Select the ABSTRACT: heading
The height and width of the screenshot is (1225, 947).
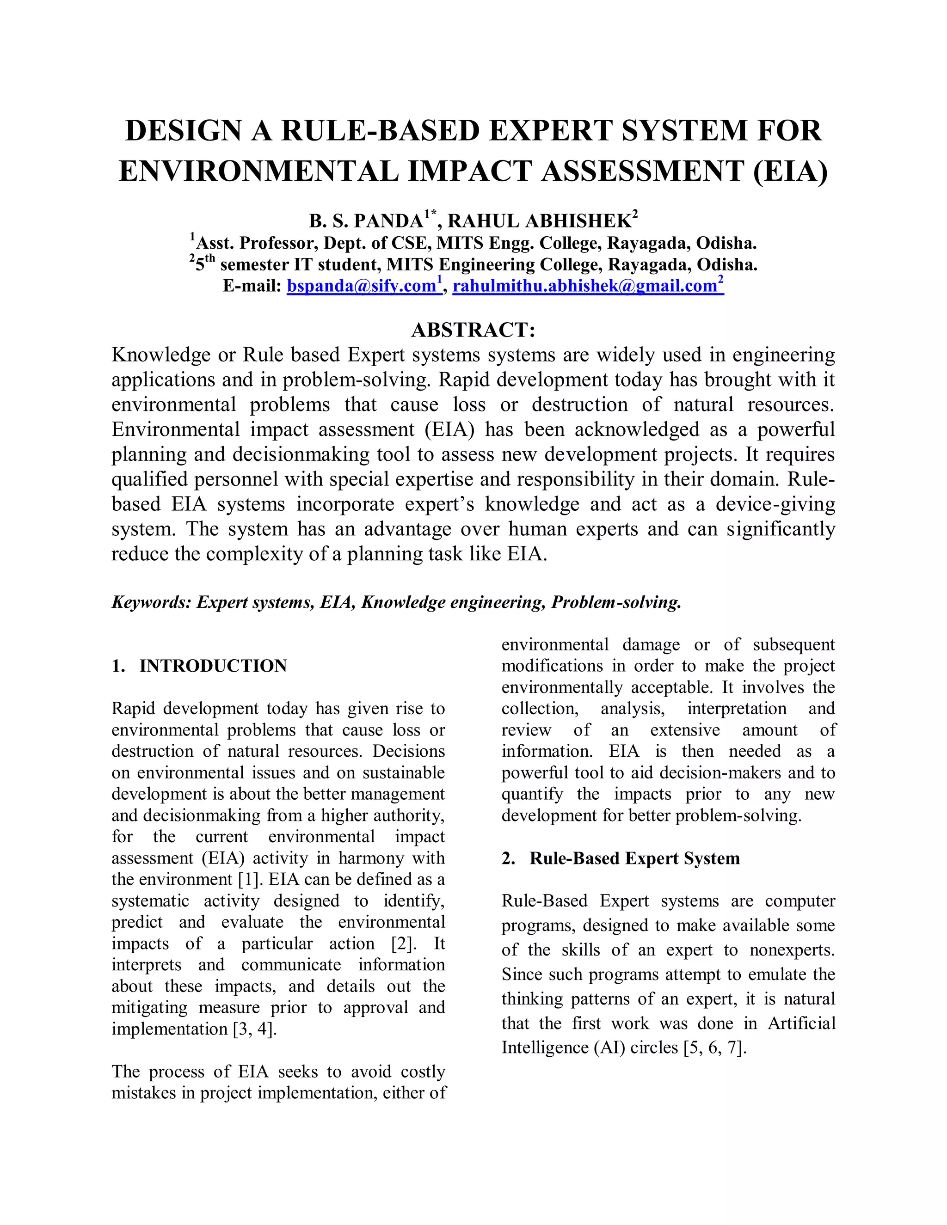473,329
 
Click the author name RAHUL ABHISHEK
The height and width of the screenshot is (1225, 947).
539,221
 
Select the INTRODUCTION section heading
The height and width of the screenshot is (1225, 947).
213,666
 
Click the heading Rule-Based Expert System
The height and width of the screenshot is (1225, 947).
634,858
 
